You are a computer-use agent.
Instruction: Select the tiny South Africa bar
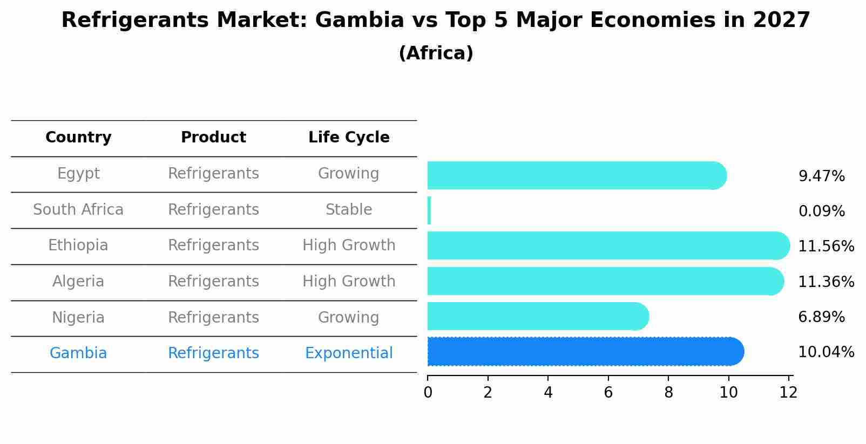click(x=429, y=210)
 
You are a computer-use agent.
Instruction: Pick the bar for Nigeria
click(x=538, y=316)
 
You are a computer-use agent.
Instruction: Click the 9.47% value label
click(x=821, y=176)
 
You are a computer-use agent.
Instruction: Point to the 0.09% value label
click(x=821, y=211)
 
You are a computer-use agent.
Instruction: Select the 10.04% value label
click(x=826, y=352)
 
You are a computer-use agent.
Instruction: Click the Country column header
click(x=78, y=138)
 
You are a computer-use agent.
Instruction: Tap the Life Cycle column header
click(x=349, y=138)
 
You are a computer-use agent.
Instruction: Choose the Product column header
click(x=213, y=138)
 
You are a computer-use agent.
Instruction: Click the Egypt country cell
click(x=78, y=174)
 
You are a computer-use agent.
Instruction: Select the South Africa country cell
click(x=78, y=210)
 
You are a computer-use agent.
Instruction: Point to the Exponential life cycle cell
click(x=349, y=353)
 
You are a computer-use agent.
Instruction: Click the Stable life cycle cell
click(x=349, y=210)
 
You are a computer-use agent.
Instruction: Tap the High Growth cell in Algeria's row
click(x=349, y=282)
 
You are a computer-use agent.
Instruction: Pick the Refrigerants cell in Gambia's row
click(x=213, y=353)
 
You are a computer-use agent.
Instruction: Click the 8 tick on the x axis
click(x=668, y=393)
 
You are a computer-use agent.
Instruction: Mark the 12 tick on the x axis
click(x=788, y=393)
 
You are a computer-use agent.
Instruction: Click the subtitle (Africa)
click(x=436, y=53)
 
